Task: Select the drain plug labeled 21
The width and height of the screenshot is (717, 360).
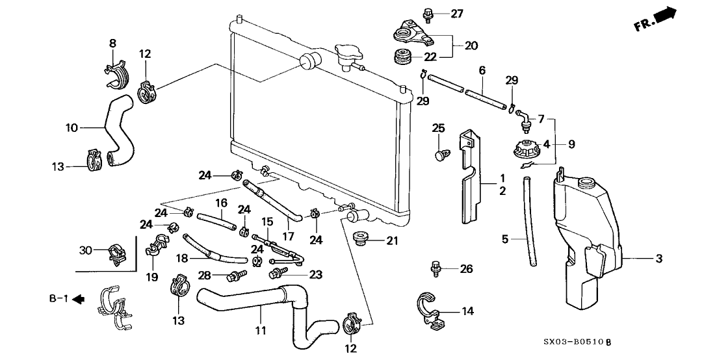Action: [x=359, y=238]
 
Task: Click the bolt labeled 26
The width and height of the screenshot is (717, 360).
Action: [x=435, y=267]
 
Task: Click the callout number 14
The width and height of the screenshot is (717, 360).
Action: [x=467, y=311]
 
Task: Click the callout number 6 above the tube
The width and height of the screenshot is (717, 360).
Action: [x=482, y=70]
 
